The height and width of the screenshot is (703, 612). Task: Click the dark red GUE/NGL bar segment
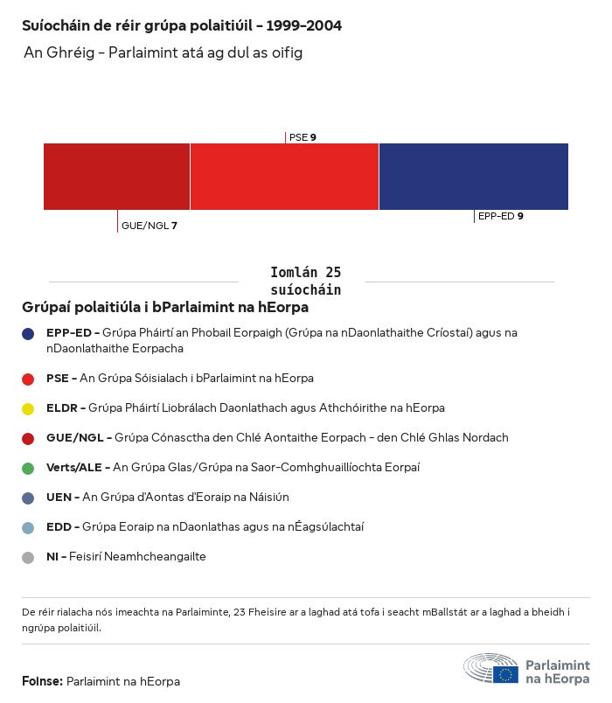116,177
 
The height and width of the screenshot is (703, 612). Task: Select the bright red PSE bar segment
284,177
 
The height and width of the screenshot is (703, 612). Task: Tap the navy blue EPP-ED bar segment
473,177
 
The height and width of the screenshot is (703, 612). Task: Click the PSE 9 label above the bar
303,137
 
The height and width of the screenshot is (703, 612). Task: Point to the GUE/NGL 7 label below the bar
149,226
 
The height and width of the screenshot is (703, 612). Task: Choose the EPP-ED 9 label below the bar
500,215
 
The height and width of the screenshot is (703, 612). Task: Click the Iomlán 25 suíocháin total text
305,281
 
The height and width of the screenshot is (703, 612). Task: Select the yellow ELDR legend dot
28,408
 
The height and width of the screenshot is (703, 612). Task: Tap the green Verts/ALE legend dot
28,468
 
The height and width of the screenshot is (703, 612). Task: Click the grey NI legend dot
28,557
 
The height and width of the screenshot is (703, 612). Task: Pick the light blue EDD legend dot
28,527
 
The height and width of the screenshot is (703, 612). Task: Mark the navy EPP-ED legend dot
28,333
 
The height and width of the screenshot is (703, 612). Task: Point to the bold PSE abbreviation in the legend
58,379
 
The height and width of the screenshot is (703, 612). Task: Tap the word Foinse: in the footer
42,681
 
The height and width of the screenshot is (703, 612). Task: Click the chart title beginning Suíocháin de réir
182,25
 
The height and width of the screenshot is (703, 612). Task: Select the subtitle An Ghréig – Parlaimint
163,53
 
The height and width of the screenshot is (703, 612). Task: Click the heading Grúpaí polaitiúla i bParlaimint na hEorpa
165,308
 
